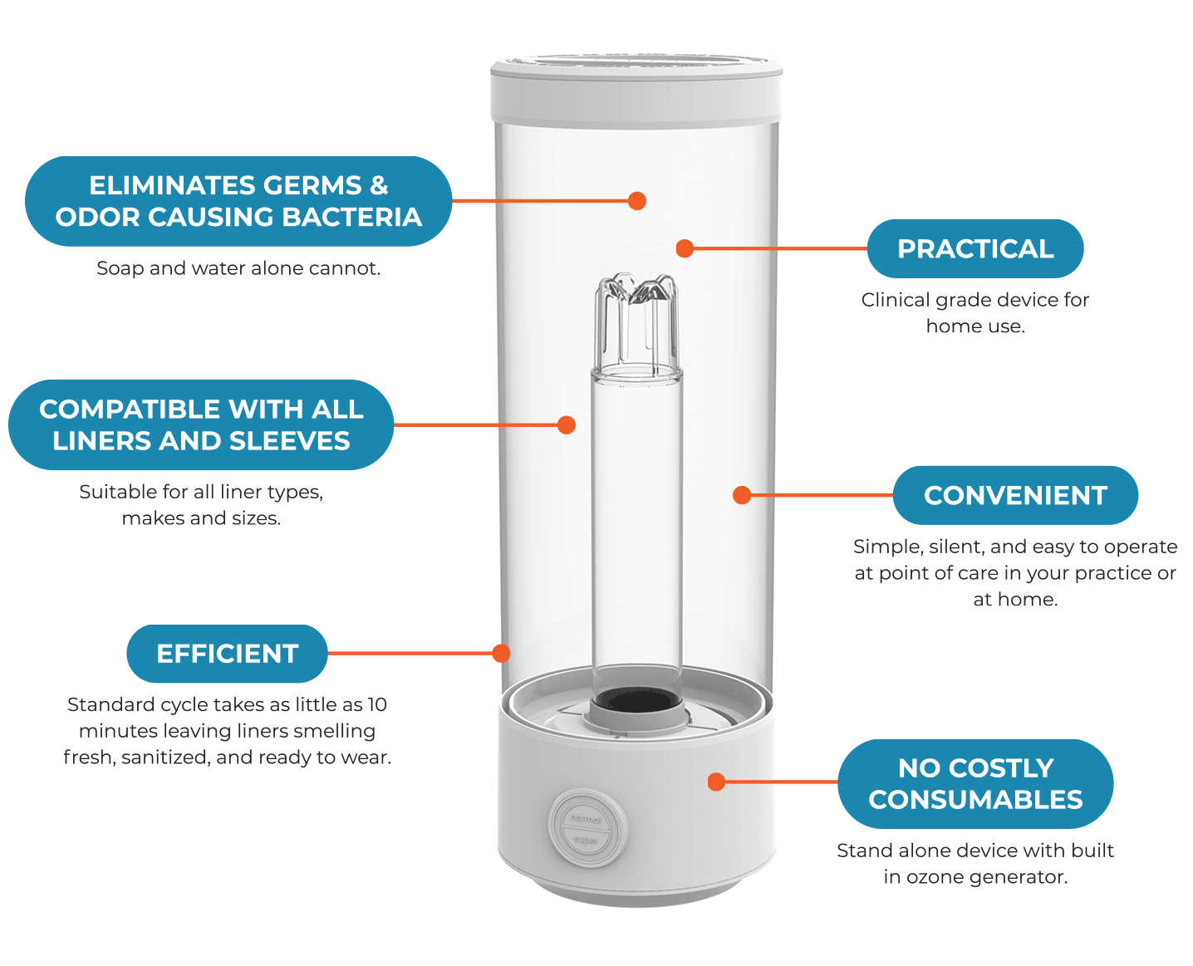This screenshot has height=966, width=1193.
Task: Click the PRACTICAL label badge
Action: (975, 248)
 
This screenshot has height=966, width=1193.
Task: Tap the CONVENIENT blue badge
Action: (1014, 495)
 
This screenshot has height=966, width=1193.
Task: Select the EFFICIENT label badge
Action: (227, 654)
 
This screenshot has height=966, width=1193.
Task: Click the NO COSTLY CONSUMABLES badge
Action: (975, 783)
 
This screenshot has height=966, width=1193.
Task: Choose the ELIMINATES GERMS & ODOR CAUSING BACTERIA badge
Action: (238, 201)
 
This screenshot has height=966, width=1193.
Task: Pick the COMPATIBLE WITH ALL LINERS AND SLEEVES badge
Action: (201, 424)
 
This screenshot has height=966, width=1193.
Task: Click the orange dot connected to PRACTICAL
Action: (685, 248)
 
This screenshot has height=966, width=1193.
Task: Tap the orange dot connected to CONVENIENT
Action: (742, 495)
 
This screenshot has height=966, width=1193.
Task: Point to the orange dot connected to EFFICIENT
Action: (501, 654)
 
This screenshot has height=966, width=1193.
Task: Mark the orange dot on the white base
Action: (716, 782)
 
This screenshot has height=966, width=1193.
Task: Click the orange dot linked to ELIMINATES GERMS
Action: (637, 201)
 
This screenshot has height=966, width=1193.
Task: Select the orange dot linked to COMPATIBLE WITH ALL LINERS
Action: (567, 425)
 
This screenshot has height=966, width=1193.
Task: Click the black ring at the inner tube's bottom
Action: (636, 700)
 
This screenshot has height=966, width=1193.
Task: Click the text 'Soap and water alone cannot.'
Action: (238, 268)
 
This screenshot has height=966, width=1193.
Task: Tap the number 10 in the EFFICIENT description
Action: (377, 704)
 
